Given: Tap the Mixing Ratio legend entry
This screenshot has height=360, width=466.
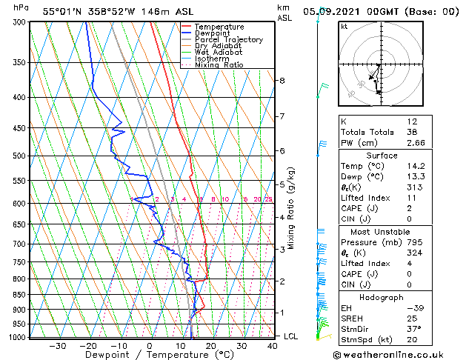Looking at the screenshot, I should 219,65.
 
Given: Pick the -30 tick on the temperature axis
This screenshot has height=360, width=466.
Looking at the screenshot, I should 57,346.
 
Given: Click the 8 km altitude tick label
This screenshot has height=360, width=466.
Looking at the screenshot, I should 282,80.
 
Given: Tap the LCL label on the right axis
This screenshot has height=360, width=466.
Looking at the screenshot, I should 292,336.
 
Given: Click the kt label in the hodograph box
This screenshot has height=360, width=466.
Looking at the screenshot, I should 344,27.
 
